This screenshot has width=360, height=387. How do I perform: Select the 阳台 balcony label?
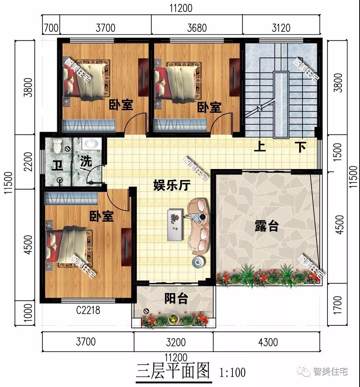[x=176, y=299]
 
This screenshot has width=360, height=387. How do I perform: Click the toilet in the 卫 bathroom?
[x=57, y=145]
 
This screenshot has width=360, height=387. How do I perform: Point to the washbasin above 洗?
[x=91, y=144]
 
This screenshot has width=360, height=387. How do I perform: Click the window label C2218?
[x=88, y=311]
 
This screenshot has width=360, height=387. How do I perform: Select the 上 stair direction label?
[x=259, y=146]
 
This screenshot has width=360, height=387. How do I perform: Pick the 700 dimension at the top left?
[x=51, y=28]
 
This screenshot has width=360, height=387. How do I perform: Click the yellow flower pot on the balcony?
[x=174, y=319]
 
